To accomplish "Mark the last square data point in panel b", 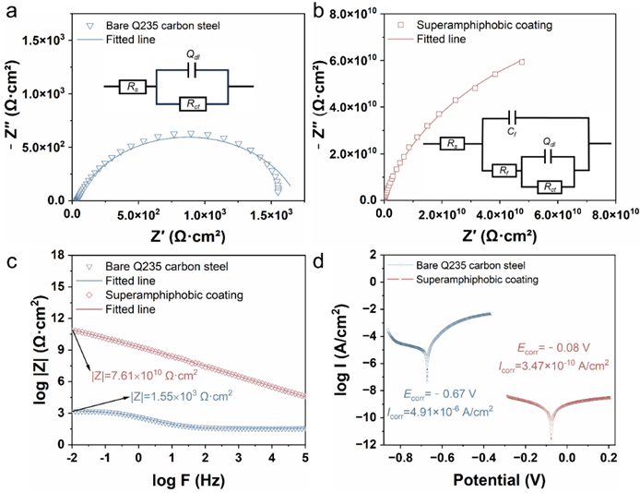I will (x=522, y=62).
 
